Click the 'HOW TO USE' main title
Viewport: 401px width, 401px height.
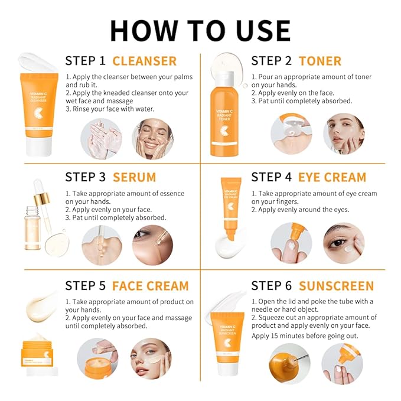coord(200,30)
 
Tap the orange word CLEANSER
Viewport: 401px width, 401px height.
coord(144,61)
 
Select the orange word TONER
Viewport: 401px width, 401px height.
coord(320,61)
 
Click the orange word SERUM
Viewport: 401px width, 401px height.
coord(134,177)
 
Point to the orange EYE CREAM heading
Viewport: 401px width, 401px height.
coord(332,177)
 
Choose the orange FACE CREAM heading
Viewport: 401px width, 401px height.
coord(150,286)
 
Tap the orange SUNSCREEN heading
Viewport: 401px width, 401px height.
coord(336,286)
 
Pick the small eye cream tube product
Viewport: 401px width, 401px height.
coord(230,207)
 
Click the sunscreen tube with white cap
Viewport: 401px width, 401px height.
coord(227,343)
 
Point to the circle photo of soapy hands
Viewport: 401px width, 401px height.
coord(101,138)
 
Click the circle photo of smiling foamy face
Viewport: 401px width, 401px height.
coord(152,138)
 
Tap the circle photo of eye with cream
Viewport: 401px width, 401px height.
coord(344,243)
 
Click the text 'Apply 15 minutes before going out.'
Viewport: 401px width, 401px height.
coord(305,336)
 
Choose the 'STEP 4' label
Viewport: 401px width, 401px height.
coord(271,177)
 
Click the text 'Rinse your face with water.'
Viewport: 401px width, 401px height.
coord(113,109)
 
